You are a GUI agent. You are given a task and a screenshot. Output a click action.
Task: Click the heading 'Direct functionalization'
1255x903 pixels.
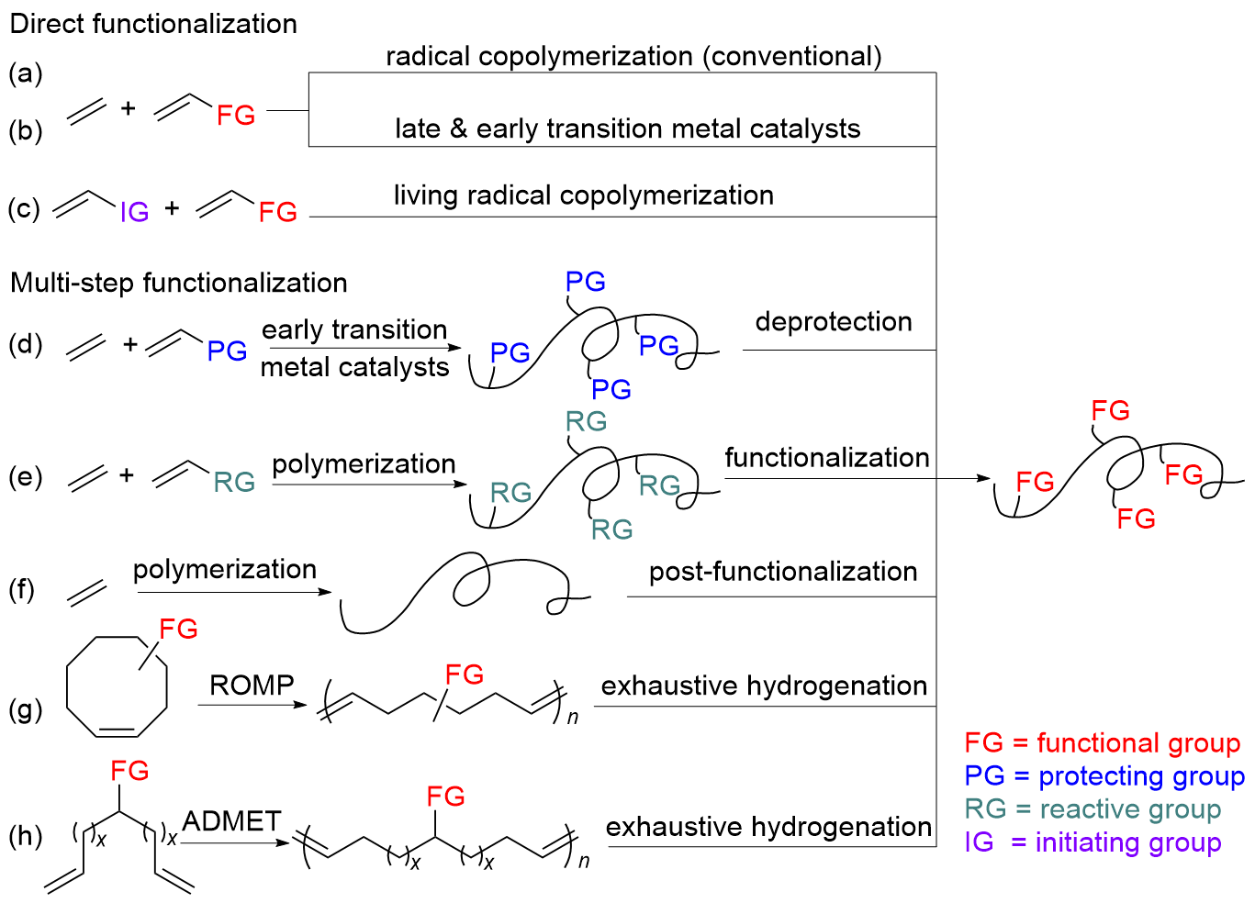153,24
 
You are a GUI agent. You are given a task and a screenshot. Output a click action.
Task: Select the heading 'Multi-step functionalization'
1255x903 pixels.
179,283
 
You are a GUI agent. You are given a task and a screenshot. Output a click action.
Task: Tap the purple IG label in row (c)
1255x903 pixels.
134,213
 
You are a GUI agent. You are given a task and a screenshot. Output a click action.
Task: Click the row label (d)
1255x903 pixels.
26,344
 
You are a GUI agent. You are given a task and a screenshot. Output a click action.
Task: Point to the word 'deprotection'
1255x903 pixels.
834,322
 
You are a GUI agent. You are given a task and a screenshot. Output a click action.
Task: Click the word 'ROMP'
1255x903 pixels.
252,686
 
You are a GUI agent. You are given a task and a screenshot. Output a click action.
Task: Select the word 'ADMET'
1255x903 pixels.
231,821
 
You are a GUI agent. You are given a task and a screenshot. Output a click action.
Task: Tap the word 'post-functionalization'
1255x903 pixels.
783,572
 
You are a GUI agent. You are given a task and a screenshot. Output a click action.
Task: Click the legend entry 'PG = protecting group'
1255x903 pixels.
1104,776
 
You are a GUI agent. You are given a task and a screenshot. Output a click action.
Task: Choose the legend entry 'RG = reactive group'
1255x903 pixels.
1093,809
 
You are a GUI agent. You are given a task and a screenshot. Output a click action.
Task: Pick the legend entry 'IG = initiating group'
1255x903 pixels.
1093,842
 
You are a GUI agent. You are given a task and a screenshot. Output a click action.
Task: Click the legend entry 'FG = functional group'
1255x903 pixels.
1102,742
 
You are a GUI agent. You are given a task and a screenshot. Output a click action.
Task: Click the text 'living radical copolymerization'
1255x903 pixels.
584,195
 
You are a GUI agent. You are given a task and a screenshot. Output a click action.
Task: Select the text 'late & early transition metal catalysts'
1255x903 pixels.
628,128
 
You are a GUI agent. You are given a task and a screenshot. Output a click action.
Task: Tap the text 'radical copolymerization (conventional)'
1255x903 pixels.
633,57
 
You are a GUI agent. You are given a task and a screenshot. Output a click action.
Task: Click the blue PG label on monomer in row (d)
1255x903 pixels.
227,351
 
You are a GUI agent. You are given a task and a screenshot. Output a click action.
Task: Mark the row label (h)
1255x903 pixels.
26,836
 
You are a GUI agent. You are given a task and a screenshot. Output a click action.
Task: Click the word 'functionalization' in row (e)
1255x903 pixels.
827,458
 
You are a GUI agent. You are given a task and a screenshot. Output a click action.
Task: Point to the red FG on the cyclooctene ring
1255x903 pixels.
178,630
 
